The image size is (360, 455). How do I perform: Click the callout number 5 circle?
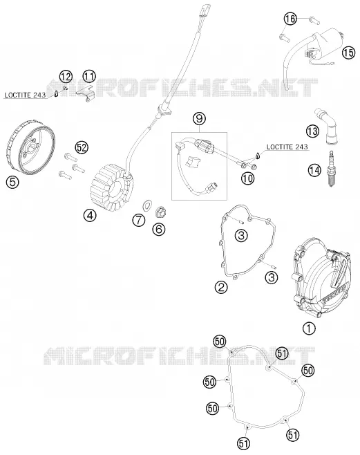tap(12, 183)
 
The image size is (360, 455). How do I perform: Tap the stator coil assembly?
tap(111, 187)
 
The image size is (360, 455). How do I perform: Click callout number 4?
tap(90, 215)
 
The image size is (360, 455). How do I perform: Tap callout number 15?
tap(348, 53)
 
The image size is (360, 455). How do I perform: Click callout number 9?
tap(199, 118)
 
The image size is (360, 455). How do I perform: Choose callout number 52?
tap(82, 147)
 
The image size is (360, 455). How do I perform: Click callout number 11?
tap(89, 76)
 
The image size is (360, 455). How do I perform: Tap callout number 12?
tap(66, 77)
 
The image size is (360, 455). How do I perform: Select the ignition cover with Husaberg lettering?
tap(321, 279)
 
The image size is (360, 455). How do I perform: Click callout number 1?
tap(309, 328)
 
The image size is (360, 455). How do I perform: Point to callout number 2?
tap(221, 287)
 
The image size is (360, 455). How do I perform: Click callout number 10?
tap(248, 178)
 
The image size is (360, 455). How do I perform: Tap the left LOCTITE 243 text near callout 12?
tap(25, 95)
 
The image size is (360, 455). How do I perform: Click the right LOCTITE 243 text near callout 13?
tap(287, 147)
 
